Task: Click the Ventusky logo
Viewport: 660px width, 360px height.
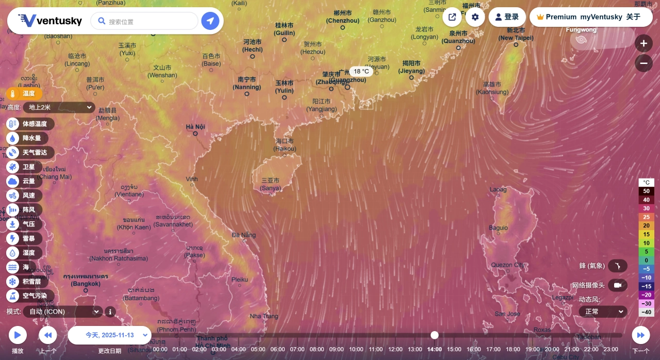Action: [x=50, y=21]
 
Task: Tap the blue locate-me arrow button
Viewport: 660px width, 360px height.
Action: [x=210, y=21]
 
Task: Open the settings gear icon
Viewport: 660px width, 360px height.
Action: [x=475, y=17]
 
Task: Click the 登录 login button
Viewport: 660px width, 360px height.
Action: [x=507, y=17]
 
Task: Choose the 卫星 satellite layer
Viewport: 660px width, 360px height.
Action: [x=28, y=167]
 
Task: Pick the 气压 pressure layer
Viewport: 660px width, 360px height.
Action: [x=28, y=224]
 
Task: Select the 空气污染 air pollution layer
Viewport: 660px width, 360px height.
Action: [x=34, y=296]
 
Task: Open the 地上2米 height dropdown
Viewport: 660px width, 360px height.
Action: [x=59, y=107]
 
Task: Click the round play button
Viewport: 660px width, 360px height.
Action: [x=18, y=335]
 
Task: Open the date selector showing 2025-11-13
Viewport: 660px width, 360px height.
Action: [x=109, y=335]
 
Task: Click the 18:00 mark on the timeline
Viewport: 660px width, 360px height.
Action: [x=513, y=349]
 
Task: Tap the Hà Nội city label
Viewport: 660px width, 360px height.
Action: [x=195, y=127]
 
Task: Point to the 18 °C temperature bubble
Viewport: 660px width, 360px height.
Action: [x=361, y=72]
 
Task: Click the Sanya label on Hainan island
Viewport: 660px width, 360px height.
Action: [x=271, y=188]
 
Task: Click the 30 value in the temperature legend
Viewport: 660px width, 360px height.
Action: [x=646, y=208]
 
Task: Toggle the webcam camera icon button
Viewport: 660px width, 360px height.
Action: [x=617, y=285]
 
